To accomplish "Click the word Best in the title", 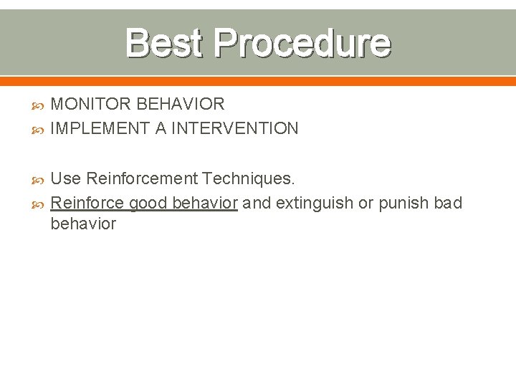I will (x=163, y=43).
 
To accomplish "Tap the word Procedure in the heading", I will (x=302, y=43).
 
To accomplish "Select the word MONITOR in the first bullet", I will (x=92, y=105).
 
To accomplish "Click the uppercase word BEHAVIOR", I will (x=180, y=105).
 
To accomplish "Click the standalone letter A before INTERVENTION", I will (x=160, y=129).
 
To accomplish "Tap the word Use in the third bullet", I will (x=66, y=178).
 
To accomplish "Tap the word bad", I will (x=448, y=203).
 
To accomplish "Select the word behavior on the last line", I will (x=83, y=224).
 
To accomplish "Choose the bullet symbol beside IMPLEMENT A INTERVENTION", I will (x=39, y=130).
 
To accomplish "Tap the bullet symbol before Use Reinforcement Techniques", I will (x=39, y=178).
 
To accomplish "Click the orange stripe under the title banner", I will (x=258, y=81).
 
